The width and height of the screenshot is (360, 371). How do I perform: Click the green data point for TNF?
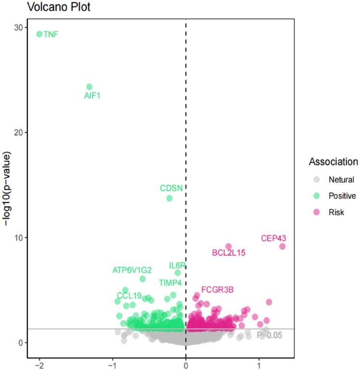(39, 34)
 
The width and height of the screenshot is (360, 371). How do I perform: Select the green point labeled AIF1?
(89, 87)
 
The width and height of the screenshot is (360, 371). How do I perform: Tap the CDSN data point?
(169, 198)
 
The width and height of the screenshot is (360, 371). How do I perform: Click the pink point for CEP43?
(282, 246)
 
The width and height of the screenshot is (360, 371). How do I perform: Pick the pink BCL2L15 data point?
(228, 247)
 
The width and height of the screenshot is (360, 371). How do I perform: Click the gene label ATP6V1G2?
(132, 270)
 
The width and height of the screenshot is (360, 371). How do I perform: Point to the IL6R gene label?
(177, 266)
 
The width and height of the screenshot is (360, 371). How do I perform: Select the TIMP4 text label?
(170, 283)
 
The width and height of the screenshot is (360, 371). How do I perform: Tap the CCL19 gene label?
(129, 295)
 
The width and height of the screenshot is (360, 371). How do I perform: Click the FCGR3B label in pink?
(217, 290)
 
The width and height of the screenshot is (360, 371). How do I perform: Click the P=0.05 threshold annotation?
(270, 335)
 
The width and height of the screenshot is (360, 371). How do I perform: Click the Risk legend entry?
(336, 212)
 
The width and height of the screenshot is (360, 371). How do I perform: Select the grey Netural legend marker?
(316, 180)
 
